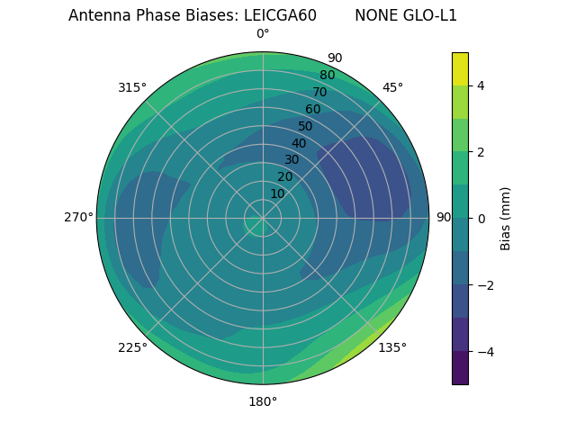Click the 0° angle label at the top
tap(263, 34)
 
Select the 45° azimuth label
tap(392, 87)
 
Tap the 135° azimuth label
tap(392, 347)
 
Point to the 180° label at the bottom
tap(263, 401)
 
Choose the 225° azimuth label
tap(132, 347)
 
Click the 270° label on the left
tap(78, 217)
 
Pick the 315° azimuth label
tap(132, 87)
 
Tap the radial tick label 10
tap(277, 193)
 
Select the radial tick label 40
tap(299, 143)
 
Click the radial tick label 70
tap(319, 92)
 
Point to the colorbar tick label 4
tap(481, 85)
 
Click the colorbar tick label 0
tap(481, 219)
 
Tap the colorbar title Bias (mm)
tap(506, 219)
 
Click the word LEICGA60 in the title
tap(280, 15)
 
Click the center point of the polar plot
tap(263, 218)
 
